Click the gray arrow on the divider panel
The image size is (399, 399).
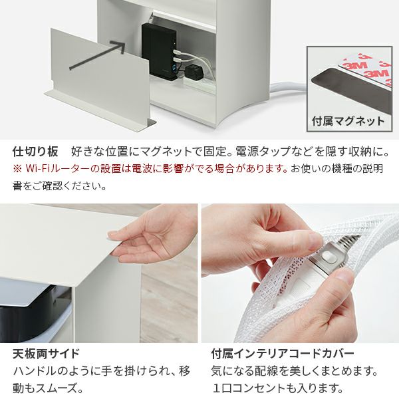98,55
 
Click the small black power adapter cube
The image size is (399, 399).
194,71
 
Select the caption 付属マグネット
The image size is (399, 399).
348,121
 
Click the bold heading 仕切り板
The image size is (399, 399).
36,152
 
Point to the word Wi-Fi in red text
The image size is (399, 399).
39,168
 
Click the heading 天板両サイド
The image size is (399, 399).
47,354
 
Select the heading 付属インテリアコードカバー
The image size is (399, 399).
283,354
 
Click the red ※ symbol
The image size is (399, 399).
17,168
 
